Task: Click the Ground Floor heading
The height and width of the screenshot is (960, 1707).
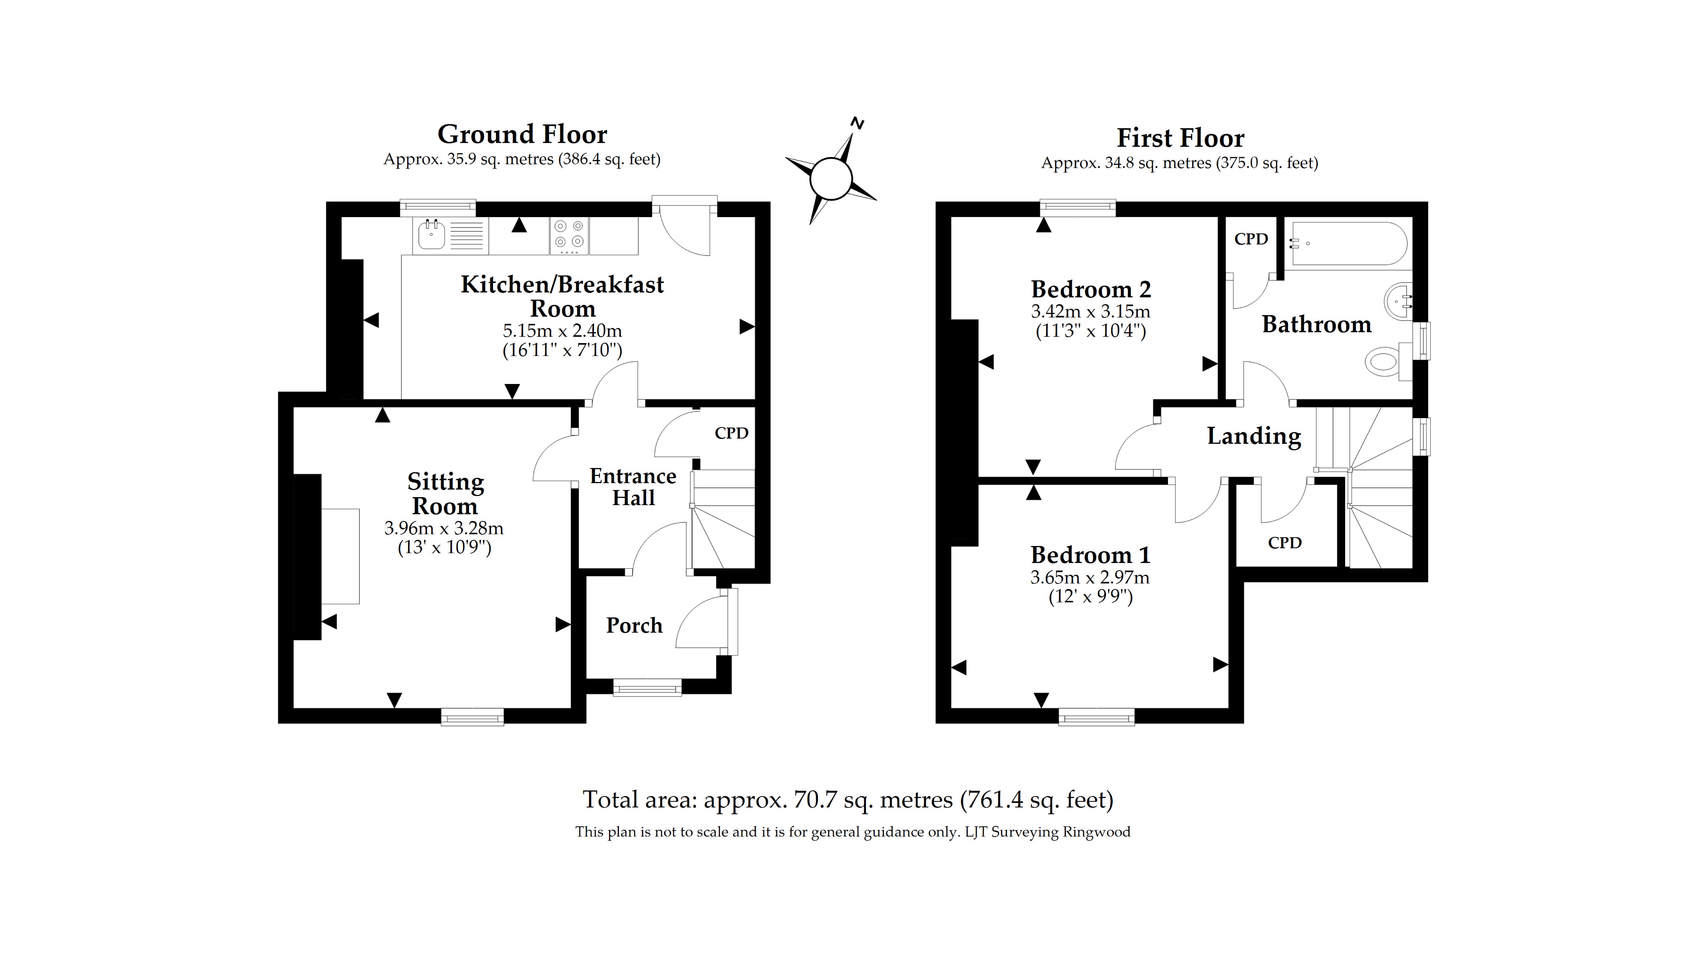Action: [x=522, y=134]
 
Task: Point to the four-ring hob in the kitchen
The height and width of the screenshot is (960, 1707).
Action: [x=569, y=235]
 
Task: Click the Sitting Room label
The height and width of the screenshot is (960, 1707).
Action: [x=445, y=494]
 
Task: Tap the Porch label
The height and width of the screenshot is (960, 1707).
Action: [x=634, y=625]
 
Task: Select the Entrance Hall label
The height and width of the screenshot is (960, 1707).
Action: [x=633, y=487]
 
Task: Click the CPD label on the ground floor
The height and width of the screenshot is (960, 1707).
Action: [x=731, y=433]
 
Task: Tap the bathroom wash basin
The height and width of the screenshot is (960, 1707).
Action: [x=1398, y=303]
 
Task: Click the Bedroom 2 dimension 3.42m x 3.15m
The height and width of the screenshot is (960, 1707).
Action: [x=1090, y=311]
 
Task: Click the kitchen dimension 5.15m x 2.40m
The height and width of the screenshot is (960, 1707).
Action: [x=562, y=331]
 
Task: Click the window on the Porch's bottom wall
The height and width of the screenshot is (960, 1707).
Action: [x=647, y=689]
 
